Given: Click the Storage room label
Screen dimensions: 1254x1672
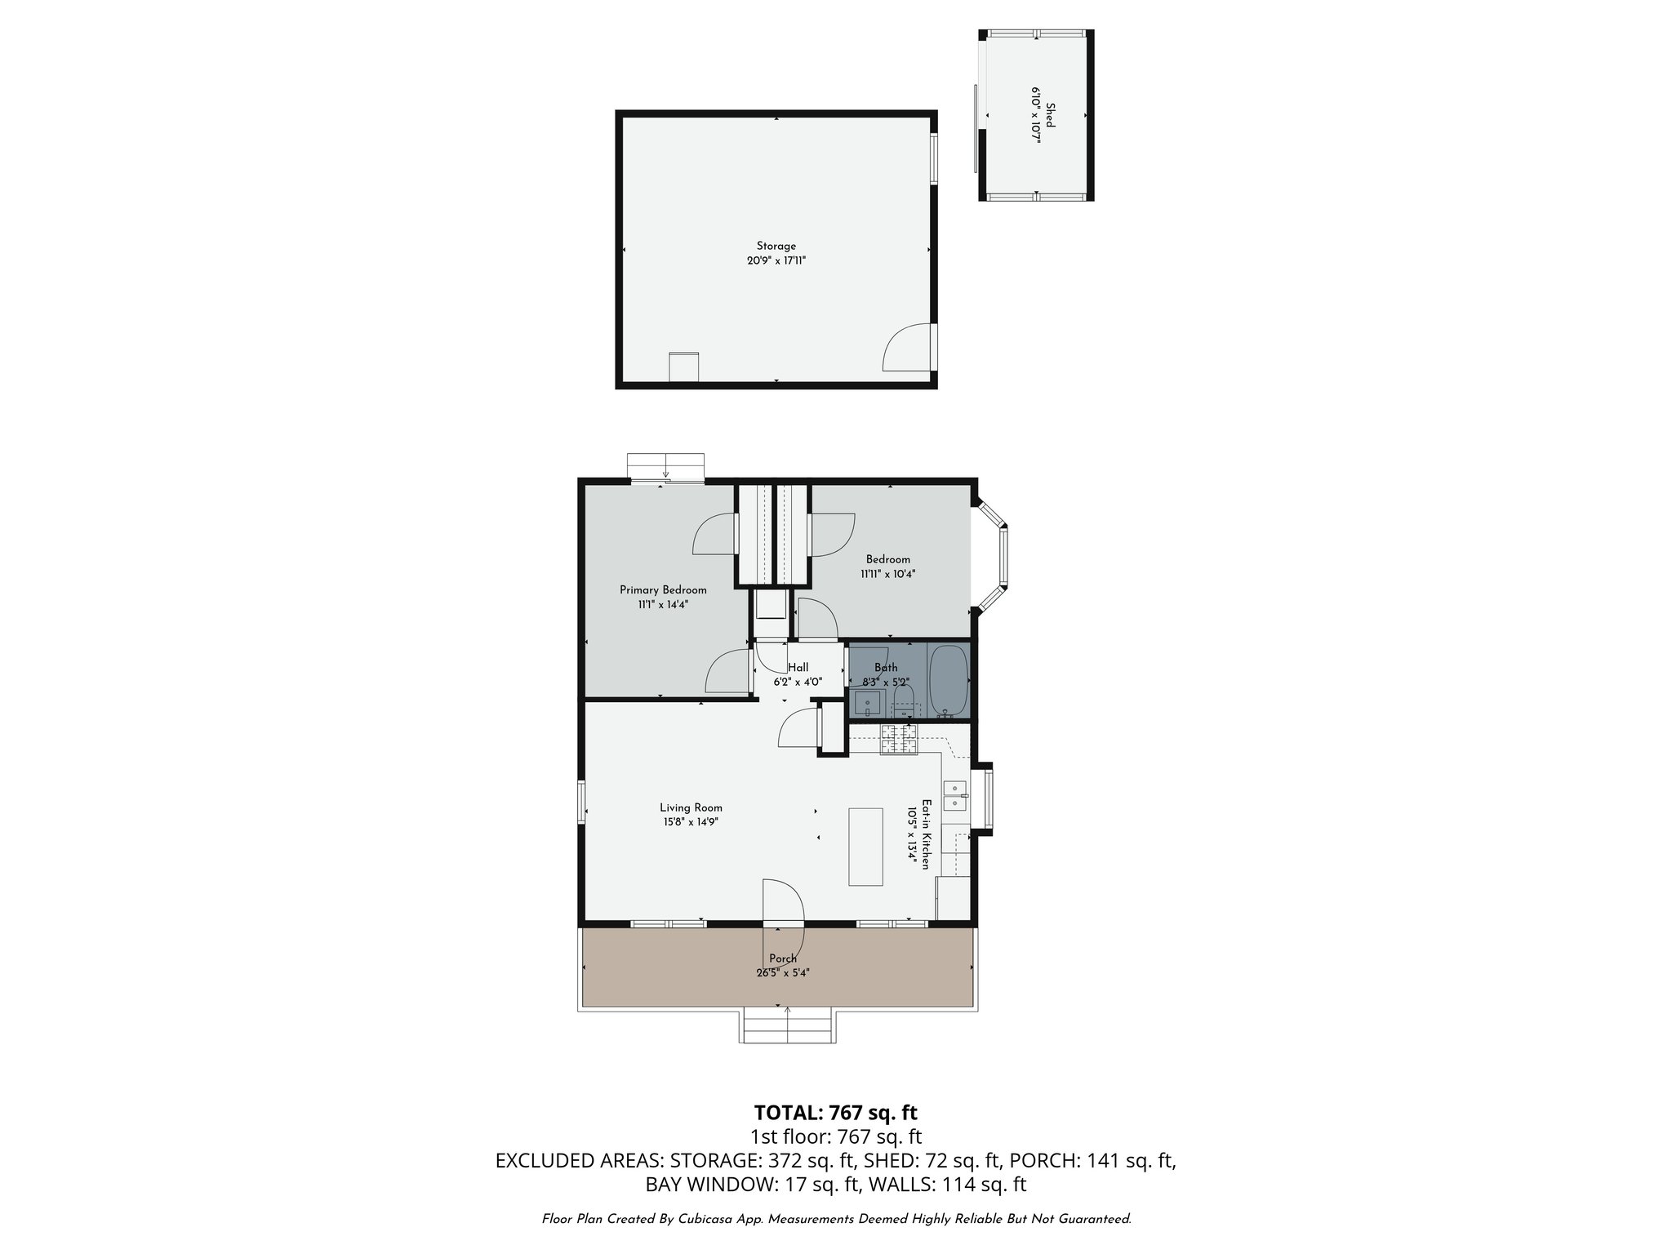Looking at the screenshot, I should click(776, 246).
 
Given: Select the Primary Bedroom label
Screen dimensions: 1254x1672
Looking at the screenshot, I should click(663, 590).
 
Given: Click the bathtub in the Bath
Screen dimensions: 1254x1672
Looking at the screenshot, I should click(948, 679).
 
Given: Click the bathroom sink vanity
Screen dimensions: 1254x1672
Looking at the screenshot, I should click(867, 702).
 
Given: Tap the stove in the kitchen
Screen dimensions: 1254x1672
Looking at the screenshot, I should click(898, 740).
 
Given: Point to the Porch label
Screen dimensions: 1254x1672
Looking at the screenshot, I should click(782, 958).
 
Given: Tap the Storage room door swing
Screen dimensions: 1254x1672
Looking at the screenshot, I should click(906, 348).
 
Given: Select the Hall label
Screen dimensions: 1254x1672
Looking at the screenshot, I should click(798, 668).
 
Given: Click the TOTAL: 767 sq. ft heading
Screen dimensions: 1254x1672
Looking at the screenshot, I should click(835, 1113).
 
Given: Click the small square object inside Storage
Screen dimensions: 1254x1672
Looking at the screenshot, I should click(683, 366).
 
